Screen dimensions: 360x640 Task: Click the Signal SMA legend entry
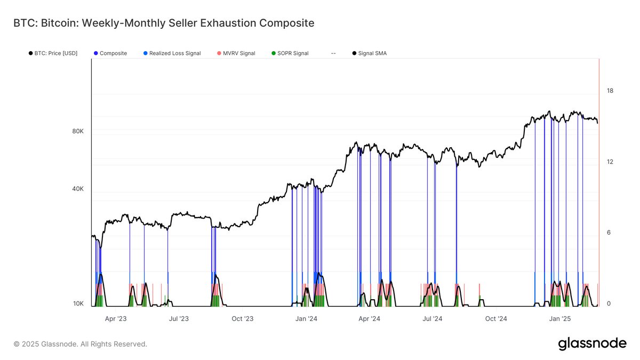[372, 53]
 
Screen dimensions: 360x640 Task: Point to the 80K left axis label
[78, 131]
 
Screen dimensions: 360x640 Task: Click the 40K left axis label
[78, 189]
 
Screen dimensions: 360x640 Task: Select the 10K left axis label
[78, 303]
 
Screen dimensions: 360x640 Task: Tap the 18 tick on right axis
[610, 91]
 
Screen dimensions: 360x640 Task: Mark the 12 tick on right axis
[610, 162]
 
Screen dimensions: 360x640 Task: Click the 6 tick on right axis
[610, 233]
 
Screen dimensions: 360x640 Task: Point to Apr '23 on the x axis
[116, 319]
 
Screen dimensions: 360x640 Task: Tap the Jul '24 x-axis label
[433, 319]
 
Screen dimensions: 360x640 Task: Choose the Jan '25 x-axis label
[560, 319]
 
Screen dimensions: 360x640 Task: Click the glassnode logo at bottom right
[592, 344]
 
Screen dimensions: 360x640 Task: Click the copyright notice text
[80, 344]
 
